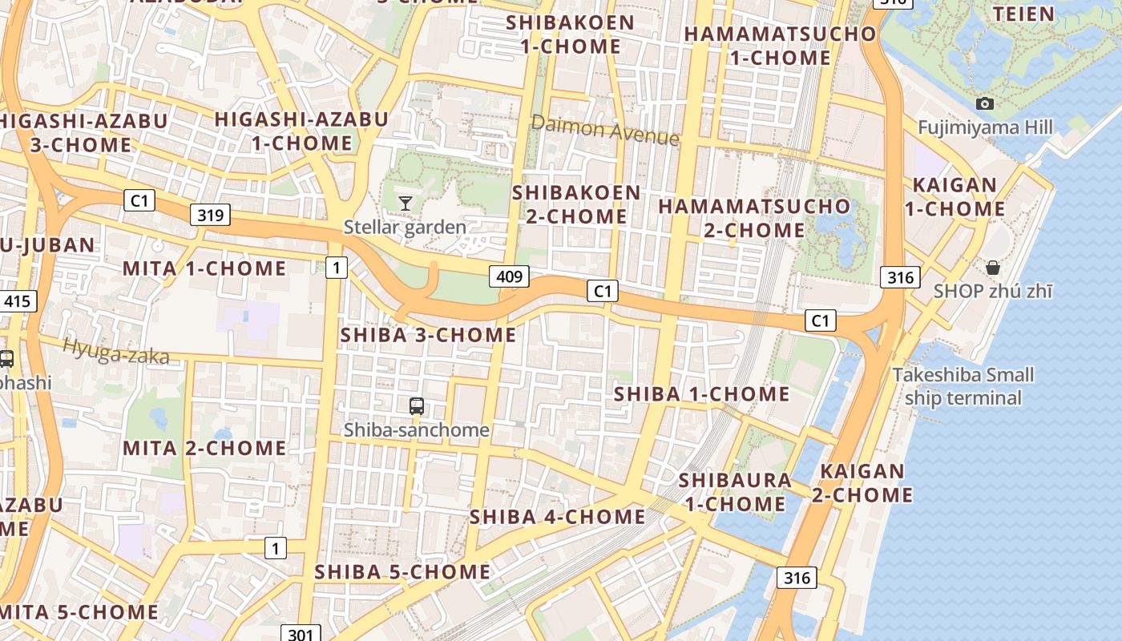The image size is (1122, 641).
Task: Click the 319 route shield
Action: (211, 214)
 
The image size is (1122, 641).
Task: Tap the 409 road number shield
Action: (509, 277)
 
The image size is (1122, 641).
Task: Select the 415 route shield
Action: (18, 301)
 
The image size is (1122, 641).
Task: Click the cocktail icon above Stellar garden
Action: (406, 204)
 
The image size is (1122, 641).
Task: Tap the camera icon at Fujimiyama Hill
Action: (985, 103)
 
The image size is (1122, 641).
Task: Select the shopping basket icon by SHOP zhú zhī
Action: (993, 268)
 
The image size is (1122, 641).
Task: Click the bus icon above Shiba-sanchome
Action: (416, 406)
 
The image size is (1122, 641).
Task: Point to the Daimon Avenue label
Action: (605, 130)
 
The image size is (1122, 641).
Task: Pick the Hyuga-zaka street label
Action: (116, 351)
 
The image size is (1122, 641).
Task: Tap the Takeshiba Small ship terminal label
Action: (963, 386)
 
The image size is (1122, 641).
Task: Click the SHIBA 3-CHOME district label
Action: (429, 334)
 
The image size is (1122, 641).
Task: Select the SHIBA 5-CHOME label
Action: (402, 571)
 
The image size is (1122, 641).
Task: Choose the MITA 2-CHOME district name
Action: (204, 448)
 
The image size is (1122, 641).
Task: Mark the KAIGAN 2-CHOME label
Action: (862, 483)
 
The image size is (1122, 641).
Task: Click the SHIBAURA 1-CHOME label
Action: (735, 492)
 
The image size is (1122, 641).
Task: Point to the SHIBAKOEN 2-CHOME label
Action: (577, 204)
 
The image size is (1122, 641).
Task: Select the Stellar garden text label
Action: (405, 228)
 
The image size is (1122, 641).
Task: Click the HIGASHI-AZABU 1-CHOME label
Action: (301, 131)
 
